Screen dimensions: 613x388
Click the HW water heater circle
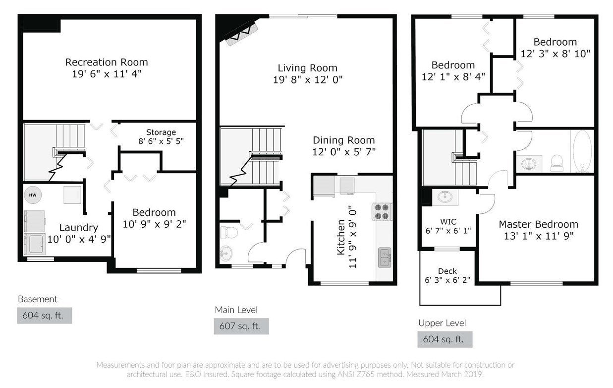click(33, 195)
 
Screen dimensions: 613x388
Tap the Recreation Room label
click(107, 62)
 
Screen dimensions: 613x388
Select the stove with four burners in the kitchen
click(382, 212)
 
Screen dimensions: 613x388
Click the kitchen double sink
click(385, 258)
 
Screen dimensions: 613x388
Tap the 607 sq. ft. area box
click(241, 326)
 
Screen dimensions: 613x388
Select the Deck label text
click(447, 271)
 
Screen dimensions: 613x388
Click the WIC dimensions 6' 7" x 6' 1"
click(448, 231)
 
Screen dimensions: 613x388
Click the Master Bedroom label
click(538, 224)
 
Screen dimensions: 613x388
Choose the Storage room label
click(161, 132)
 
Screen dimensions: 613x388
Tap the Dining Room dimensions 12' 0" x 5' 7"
click(344, 152)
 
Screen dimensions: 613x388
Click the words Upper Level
click(442, 323)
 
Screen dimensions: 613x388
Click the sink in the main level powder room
click(226, 253)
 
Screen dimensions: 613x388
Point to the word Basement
click(38, 299)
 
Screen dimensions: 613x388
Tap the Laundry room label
click(78, 228)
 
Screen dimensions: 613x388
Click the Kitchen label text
click(341, 237)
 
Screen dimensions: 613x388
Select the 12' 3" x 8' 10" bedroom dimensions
click(555, 54)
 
